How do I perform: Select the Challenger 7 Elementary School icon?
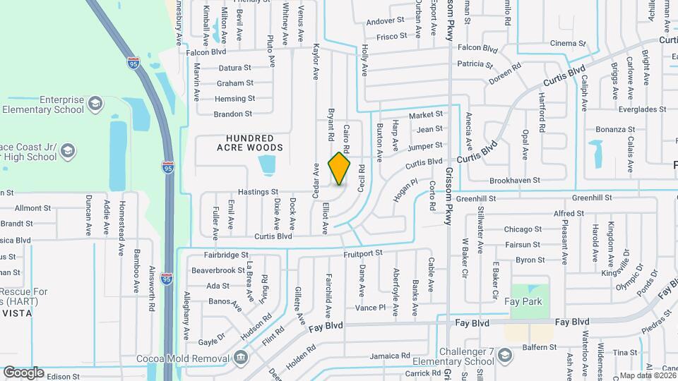[x=504, y=355]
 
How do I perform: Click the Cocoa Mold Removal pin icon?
[x=241, y=356]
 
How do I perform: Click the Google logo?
[x=23, y=372]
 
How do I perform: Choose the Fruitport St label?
[x=362, y=252]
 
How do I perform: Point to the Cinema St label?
[x=568, y=43]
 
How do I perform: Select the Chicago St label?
[x=523, y=229]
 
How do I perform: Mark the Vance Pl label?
[x=370, y=308]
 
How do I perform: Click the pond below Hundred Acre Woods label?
[x=267, y=166]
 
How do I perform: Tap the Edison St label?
[x=63, y=377]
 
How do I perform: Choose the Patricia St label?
[x=474, y=64]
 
